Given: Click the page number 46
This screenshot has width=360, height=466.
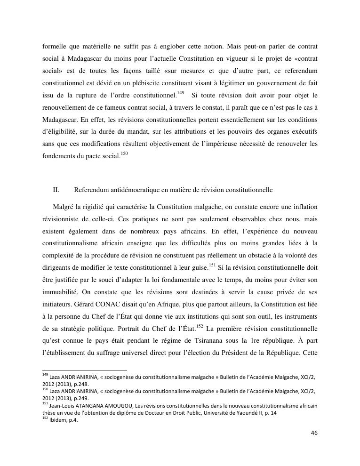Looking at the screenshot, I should click(x=314, y=433).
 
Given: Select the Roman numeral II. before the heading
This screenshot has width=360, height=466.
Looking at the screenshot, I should click(x=56, y=190).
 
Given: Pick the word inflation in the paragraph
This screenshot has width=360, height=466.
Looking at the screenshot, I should click(x=304, y=207).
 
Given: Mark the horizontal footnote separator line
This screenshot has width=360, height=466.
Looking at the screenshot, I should click(x=85, y=370).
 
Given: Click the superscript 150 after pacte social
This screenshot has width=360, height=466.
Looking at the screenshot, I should click(x=124, y=153).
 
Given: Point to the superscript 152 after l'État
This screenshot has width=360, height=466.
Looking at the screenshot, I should click(x=200, y=326).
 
